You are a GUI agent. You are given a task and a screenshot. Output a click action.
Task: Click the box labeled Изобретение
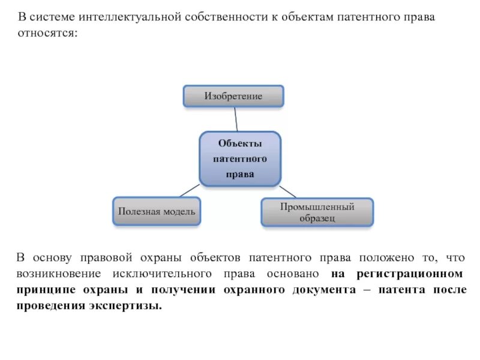pos(233,96)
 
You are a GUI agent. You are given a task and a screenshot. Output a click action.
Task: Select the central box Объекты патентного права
pos(239,158)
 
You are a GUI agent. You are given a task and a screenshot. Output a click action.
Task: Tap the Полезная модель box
pos(157,212)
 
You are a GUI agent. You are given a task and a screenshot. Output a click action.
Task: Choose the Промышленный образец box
pos(317,212)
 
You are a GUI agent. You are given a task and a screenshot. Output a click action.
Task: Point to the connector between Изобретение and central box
pos(236,119)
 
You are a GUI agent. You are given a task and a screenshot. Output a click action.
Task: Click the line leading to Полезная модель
pos(190,190)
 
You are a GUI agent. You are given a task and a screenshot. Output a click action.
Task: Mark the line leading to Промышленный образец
pos(287,191)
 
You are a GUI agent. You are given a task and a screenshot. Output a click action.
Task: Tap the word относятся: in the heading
pos(47,34)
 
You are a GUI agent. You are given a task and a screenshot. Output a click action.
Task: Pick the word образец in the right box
pos(317,218)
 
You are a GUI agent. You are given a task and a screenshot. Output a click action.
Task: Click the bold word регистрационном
pos(409,274)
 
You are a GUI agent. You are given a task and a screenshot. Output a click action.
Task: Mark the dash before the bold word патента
pos(367,290)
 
